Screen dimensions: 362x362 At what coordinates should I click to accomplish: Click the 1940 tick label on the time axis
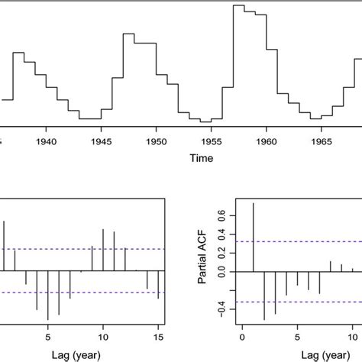pyautogui.click(x=47, y=141)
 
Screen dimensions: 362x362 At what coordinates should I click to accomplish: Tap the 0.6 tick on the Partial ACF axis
pyautogui.click(x=222, y=215)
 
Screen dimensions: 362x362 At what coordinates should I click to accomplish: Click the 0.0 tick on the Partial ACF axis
pyautogui.click(x=222, y=270)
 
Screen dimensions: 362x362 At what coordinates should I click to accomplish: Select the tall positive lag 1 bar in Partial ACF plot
pyautogui.click(x=253, y=237)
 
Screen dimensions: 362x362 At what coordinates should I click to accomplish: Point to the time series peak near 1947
pyautogui.click(x=128, y=34)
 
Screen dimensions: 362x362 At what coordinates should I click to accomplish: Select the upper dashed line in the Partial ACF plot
pyautogui.click(x=305, y=242)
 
